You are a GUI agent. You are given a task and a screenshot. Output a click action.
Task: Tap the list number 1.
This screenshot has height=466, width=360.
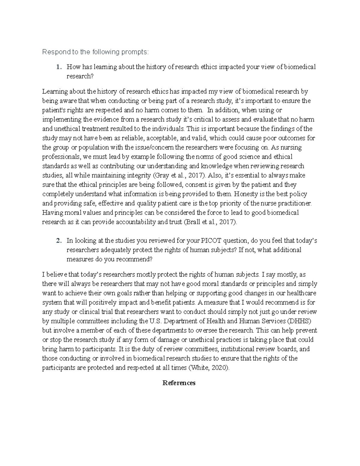(x=58, y=67)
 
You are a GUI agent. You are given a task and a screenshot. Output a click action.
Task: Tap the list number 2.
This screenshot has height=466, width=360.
(x=58, y=241)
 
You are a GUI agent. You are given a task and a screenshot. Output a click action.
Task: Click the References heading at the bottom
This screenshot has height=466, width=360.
(x=179, y=383)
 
